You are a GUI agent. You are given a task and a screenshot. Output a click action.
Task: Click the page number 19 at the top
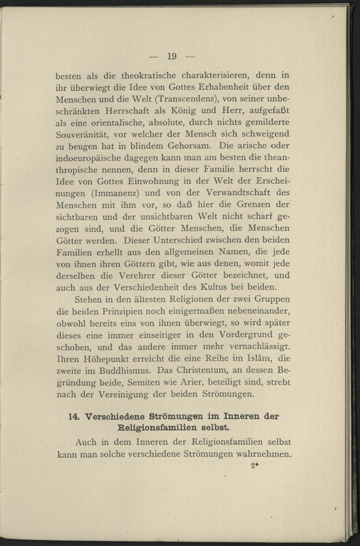point(171,56)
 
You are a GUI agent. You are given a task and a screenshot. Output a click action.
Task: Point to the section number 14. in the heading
point(73,416)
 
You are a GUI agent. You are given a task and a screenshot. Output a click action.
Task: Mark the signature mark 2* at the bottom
point(255,465)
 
